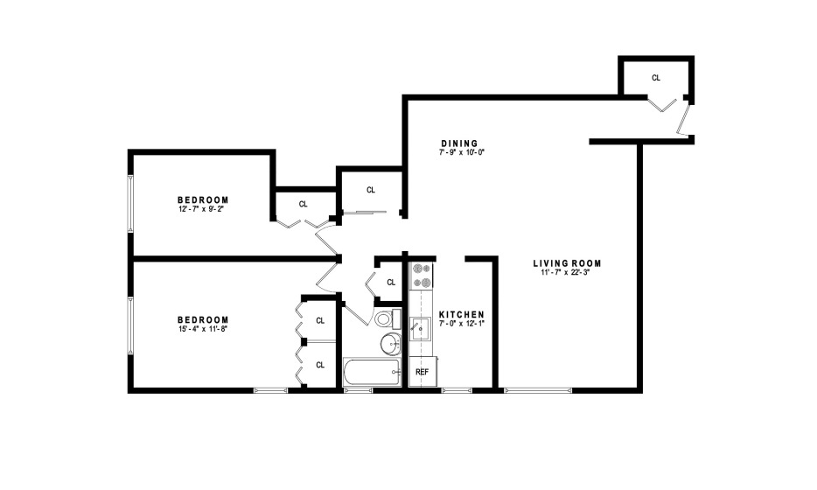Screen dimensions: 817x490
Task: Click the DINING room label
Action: pyautogui.click(x=459, y=143)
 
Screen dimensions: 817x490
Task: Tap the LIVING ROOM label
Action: pyautogui.click(x=567, y=263)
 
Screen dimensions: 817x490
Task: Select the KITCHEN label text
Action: pyautogui.click(x=461, y=315)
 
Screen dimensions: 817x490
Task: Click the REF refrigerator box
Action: pyautogui.click(x=422, y=372)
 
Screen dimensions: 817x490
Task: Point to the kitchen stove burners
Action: pyautogui.click(x=422, y=276)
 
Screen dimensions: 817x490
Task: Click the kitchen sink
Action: pyautogui.click(x=421, y=328)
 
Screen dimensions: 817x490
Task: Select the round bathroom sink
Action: pyautogui.click(x=391, y=344)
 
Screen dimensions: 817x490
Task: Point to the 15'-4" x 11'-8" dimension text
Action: pyautogui.click(x=203, y=329)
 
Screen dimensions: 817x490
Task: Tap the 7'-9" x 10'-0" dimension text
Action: pyautogui.click(x=462, y=152)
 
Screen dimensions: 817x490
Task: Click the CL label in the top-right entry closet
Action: pyautogui.click(x=656, y=78)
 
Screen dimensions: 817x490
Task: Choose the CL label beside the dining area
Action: pyautogui.click(x=371, y=190)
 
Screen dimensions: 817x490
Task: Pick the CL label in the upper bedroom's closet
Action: pyautogui.click(x=303, y=204)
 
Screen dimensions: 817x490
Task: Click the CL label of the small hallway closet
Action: pyautogui.click(x=391, y=282)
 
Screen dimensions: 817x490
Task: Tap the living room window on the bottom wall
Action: pyautogui.click(x=538, y=390)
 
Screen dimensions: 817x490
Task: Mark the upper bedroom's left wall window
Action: pyautogui.click(x=130, y=203)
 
